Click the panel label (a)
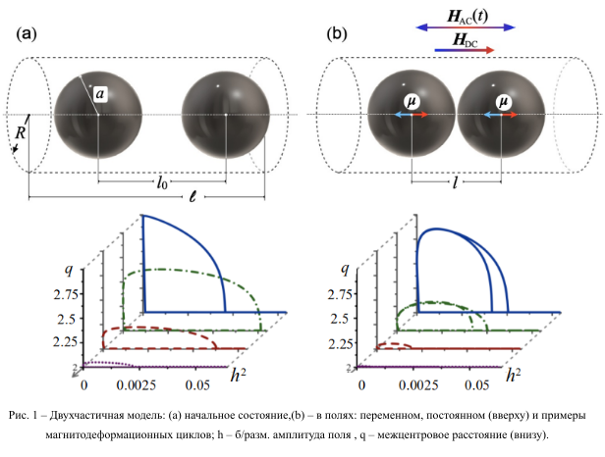pos(27,35)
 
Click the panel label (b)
pos(337,35)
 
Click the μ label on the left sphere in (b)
pos(412,101)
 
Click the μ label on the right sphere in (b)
pos(504,101)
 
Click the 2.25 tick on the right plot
pos(341,342)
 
